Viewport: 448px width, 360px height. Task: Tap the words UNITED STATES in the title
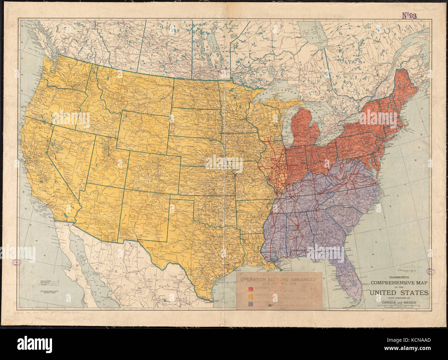coord(399,293)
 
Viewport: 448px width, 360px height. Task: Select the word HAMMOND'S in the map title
coord(399,277)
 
